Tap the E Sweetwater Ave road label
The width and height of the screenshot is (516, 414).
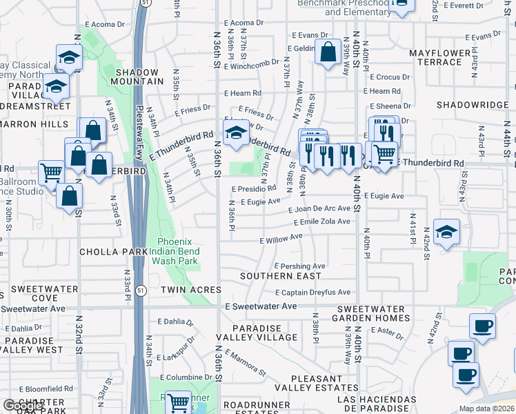(x=261, y=306)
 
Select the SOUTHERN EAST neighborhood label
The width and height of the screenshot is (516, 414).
(x=281, y=276)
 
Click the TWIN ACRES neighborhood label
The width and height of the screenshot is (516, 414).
(x=191, y=290)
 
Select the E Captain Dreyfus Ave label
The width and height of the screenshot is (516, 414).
(x=312, y=293)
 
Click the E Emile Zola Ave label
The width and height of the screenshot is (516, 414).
(x=321, y=221)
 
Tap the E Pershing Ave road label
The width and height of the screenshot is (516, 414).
(x=299, y=266)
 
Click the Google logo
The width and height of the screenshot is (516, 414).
(x=23, y=406)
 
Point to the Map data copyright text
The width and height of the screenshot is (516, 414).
(x=487, y=408)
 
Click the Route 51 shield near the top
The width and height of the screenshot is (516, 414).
(x=144, y=3)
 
